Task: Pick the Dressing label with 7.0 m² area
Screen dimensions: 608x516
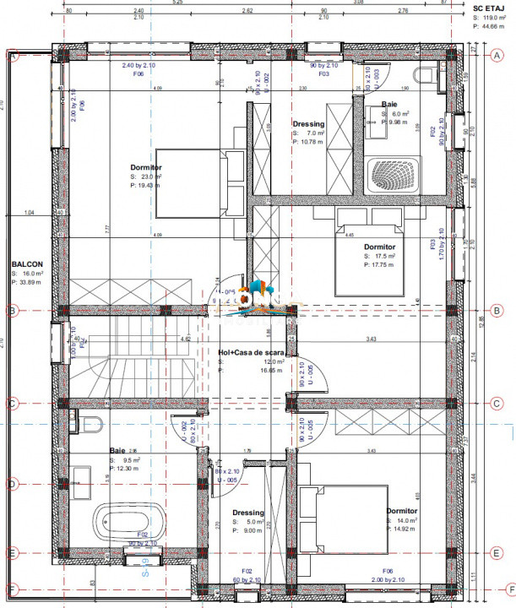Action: [x=308, y=124]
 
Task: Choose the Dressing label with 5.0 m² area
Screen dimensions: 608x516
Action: [x=248, y=513]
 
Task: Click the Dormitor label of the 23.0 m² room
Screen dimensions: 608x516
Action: [x=146, y=167]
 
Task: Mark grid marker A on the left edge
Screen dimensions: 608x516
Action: [x=14, y=56]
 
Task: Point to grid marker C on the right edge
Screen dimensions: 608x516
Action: [x=497, y=403]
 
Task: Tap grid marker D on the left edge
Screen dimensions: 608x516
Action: [x=13, y=484]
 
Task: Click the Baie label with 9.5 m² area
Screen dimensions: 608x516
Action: [x=117, y=451]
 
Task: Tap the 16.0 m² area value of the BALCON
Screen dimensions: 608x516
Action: [x=31, y=274]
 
